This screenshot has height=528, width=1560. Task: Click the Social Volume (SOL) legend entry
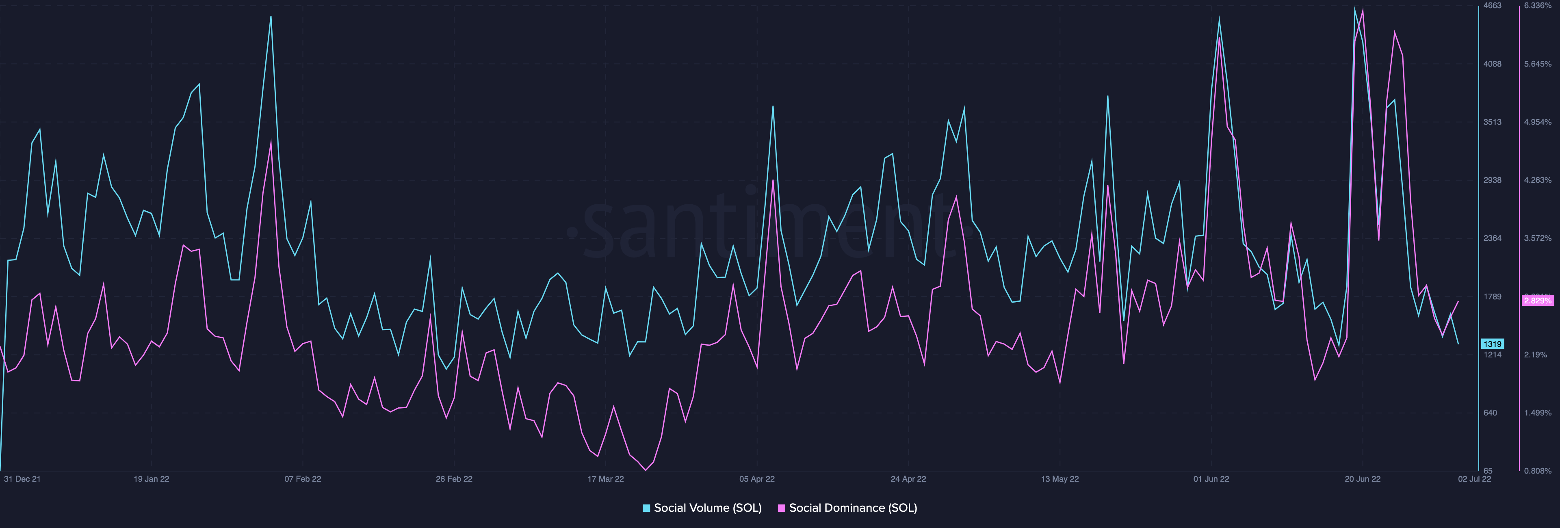(702, 508)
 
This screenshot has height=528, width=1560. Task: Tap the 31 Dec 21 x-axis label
(22, 479)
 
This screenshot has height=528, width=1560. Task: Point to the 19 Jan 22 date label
(152, 479)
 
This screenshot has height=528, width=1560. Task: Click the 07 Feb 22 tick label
(303, 479)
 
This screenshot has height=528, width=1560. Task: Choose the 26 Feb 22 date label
(454, 479)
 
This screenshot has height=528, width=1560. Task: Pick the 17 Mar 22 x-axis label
(606, 479)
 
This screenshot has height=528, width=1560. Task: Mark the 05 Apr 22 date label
(757, 479)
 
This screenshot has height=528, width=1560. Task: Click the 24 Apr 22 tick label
(908, 479)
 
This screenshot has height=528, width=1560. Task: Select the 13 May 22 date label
(1060, 479)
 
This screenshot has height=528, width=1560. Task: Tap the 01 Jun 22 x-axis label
(1211, 479)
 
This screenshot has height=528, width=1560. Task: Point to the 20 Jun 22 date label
(1363, 479)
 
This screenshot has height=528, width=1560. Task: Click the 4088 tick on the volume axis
(1492, 64)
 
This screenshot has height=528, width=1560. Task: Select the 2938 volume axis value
(1492, 180)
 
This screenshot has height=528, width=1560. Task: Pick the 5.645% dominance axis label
(1538, 64)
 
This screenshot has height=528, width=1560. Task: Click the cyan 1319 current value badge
(1492, 344)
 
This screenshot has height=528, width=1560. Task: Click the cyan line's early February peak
(271, 17)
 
